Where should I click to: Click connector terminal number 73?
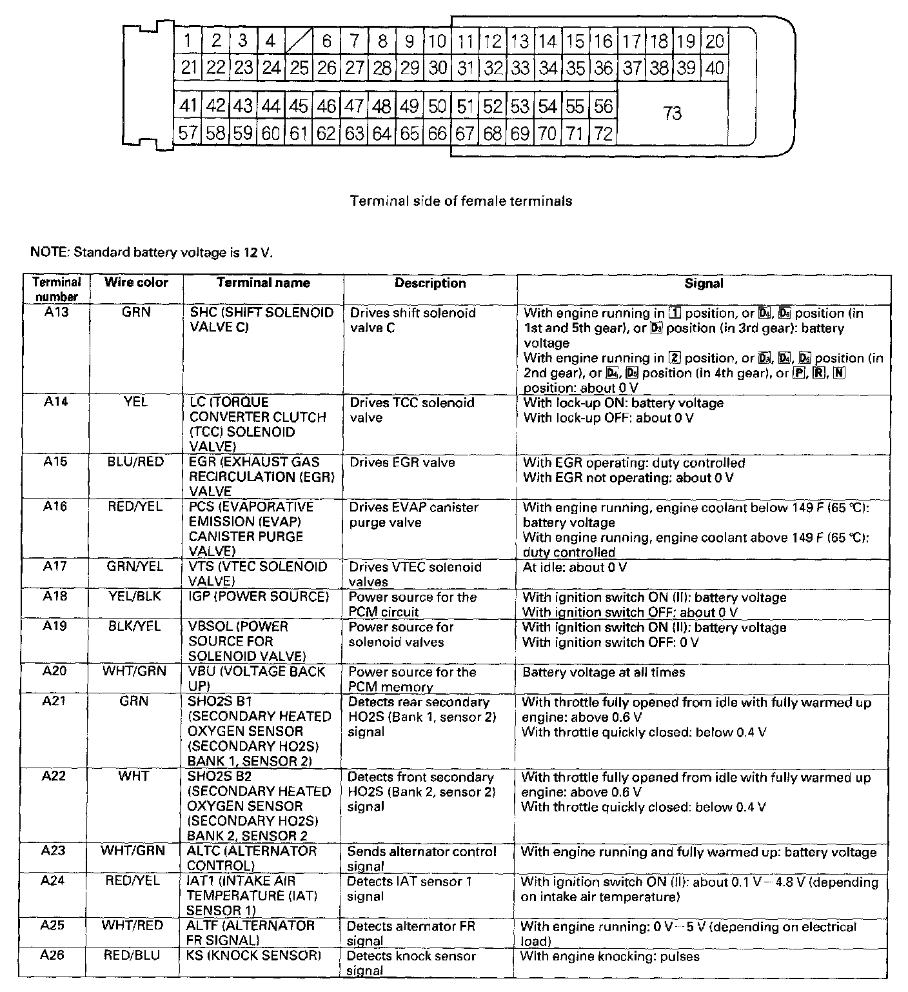(x=672, y=114)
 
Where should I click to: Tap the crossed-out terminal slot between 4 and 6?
(x=299, y=41)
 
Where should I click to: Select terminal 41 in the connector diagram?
(x=188, y=106)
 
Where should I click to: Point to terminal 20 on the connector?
(x=715, y=41)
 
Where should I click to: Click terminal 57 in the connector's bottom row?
(x=188, y=134)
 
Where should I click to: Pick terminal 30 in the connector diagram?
(x=438, y=67)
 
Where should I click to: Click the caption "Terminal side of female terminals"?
(x=460, y=201)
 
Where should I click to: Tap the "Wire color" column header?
(x=136, y=283)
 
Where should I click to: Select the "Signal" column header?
(x=704, y=283)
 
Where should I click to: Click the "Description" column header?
(x=430, y=283)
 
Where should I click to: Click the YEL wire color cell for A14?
(x=135, y=402)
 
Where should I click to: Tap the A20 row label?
(x=55, y=671)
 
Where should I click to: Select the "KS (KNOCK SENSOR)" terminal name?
(x=255, y=955)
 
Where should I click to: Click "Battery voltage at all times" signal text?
(x=604, y=672)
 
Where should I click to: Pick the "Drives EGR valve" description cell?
(x=402, y=462)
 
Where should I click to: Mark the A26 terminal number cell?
(x=53, y=955)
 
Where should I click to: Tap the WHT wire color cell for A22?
(x=133, y=776)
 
